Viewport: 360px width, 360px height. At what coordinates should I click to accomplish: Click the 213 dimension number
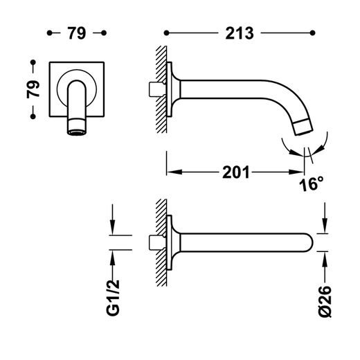pos(240,33)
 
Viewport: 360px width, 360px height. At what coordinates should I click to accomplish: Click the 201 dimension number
pos(236,172)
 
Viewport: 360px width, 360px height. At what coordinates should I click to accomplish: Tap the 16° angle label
pos(311,184)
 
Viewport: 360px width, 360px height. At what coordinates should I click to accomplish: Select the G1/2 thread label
pos(113,298)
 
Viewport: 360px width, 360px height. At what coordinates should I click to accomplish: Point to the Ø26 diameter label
pos(325,302)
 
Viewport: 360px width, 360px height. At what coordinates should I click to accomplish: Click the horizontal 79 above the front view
pos(77,33)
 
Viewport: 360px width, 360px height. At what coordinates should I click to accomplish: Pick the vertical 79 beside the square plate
pos(33,89)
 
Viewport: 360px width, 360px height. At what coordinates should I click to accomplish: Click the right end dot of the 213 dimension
pos(313,33)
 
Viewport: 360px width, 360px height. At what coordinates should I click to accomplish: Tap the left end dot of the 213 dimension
pos(166,33)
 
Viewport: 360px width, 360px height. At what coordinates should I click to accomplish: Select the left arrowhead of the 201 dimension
pos(174,172)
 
